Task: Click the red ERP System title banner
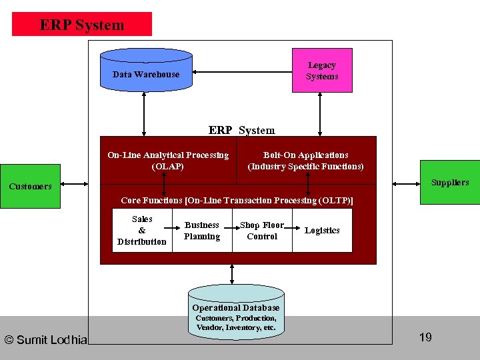[x=82, y=24]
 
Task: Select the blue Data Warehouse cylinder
[x=146, y=70]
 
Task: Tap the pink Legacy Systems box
[x=323, y=70]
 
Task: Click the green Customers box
[x=30, y=186]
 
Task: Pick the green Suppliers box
[x=450, y=182]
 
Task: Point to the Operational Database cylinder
[x=236, y=312]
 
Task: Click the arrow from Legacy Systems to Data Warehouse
[x=242, y=72]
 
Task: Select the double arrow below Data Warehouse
[x=144, y=114]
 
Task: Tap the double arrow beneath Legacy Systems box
[x=320, y=114]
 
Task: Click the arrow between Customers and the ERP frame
[x=75, y=184]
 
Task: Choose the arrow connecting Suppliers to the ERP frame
[x=406, y=184]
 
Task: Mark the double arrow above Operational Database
[x=232, y=274]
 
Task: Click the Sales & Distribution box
[x=143, y=230]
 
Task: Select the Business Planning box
[x=203, y=230]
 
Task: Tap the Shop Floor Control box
[x=263, y=230]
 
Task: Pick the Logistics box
[x=323, y=230]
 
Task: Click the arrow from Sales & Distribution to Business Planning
[x=172, y=228]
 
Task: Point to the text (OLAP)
[x=168, y=167]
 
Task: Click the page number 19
[x=425, y=337]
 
